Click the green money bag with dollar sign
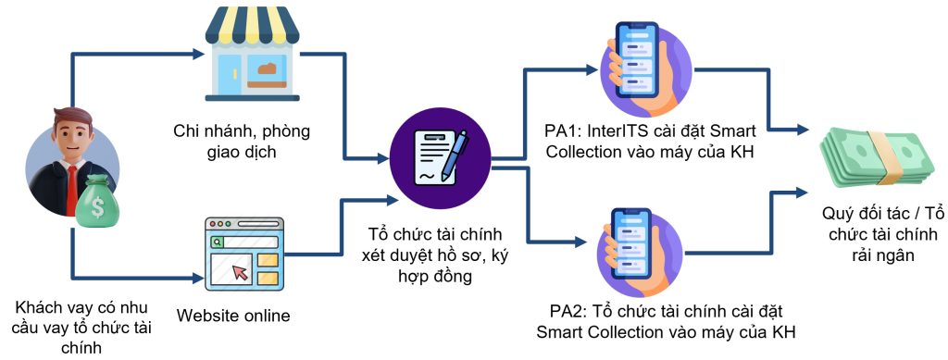[99, 203]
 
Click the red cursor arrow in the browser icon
[241, 273]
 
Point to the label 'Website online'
[232, 316]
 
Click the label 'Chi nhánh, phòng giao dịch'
[242, 141]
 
